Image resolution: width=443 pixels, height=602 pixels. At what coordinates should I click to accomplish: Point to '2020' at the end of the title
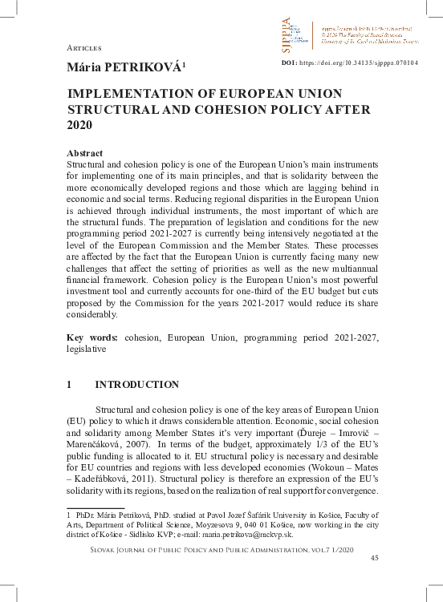pos(80,126)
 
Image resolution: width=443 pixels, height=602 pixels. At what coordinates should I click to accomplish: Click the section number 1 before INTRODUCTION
pos(69,385)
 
